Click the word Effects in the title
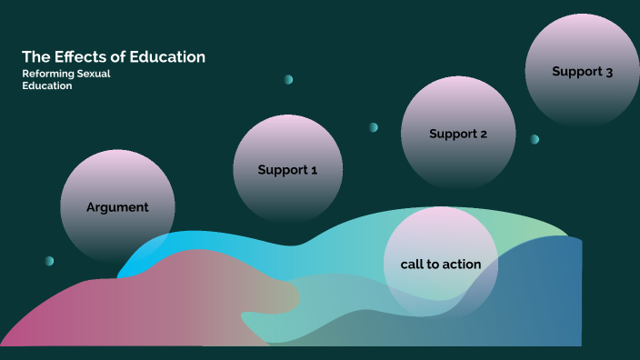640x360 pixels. click(x=80, y=57)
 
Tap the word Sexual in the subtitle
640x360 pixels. click(x=94, y=74)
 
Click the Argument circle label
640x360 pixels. click(x=117, y=207)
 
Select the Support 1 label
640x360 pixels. click(x=287, y=170)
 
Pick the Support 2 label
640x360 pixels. click(x=458, y=134)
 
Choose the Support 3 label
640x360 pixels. click(x=582, y=72)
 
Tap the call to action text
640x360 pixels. click(x=441, y=265)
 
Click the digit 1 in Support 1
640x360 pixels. click(x=314, y=170)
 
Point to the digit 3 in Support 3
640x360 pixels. click(x=608, y=72)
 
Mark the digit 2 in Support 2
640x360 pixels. click(x=484, y=134)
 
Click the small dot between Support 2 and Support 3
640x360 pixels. click(x=535, y=139)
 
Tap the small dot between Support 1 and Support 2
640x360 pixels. click(x=373, y=127)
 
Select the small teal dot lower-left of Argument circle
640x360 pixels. click(x=49, y=261)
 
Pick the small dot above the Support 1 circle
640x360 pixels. click(x=288, y=80)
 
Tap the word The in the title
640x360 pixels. click(x=34, y=57)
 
